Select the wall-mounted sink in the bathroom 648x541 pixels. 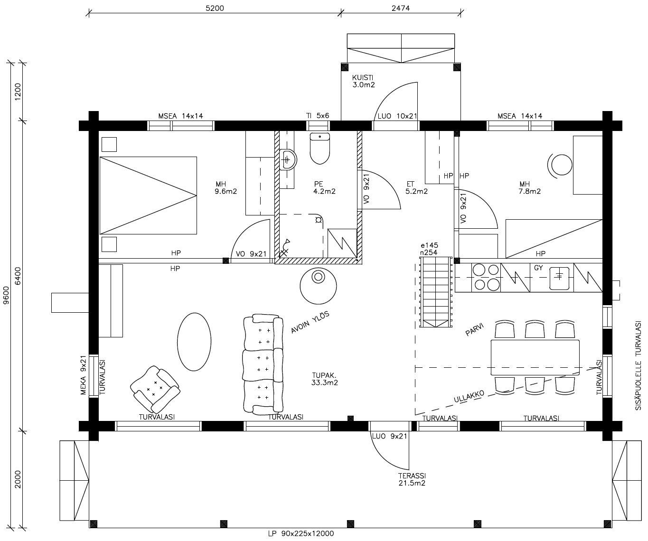pyautogui.click(x=287, y=159)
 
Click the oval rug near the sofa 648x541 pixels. pyautogui.click(x=194, y=341)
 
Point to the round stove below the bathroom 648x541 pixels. pyautogui.click(x=318, y=285)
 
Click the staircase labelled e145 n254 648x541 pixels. pyautogui.click(x=435, y=292)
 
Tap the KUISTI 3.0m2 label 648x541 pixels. pyautogui.click(x=364, y=81)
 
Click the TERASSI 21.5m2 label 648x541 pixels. pyautogui.click(x=412, y=479)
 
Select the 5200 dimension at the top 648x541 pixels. pyautogui.click(x=215, y=8)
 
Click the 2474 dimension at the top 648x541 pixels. pyautogui.click(x=401, y=8)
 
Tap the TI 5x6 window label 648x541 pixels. pyautogui.click(x=318, y=116)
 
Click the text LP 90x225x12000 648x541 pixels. pyautogui.click(x=301, y=533)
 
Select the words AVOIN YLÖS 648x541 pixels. pyautogui.click(x=310, y=323)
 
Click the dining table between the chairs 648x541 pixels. pyautogui.click(x=535, y=357)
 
